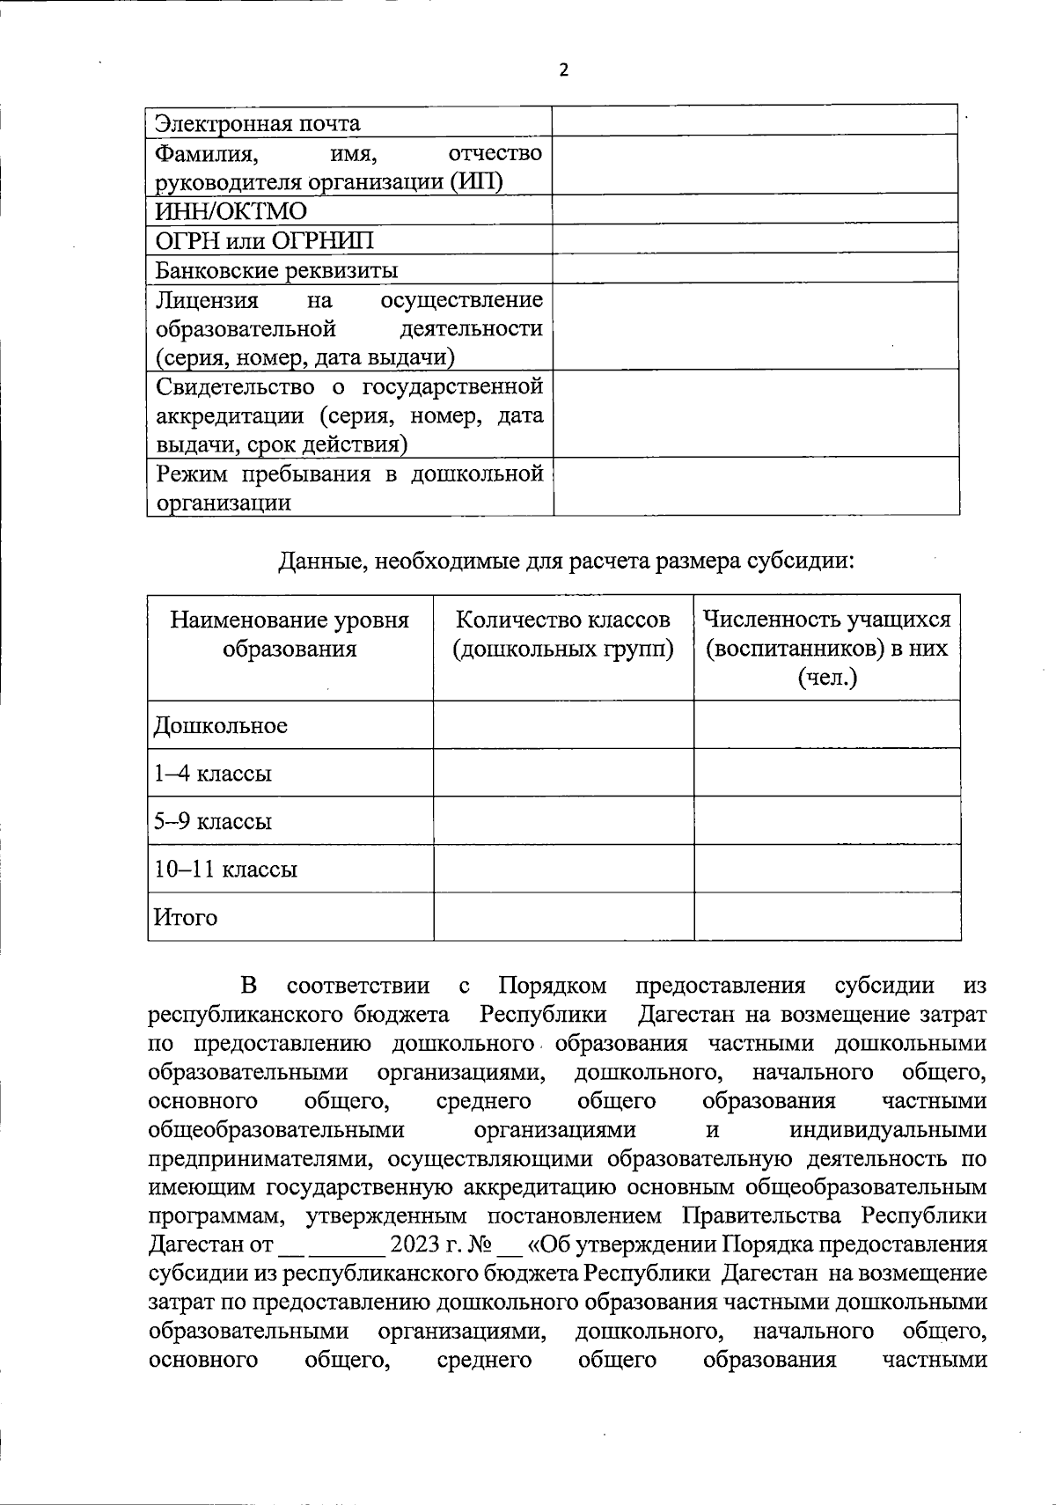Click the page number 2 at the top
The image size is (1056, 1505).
[564, 70]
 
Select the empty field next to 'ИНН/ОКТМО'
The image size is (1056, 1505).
[755, 209]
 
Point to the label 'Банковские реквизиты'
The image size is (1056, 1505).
[276, 270]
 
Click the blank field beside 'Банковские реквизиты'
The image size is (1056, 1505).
[755, 268]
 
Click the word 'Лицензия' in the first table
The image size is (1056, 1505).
[207, 301]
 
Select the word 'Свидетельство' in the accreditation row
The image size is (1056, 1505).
[235, 387]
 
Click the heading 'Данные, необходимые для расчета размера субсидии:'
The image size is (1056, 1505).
[566, 561]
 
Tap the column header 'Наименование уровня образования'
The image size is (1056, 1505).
[290, 635]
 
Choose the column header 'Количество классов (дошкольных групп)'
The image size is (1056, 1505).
[563, 635]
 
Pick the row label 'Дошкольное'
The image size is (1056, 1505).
[221, 726]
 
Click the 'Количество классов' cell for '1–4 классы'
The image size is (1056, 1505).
[563, 773]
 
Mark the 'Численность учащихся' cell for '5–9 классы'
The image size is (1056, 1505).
[827, 820]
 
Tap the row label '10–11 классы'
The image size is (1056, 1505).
[226, 870]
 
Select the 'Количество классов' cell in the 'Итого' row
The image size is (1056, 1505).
[563, 916]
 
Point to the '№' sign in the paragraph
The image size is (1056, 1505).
[479, 1245]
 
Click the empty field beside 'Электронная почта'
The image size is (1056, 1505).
[755, 121]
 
